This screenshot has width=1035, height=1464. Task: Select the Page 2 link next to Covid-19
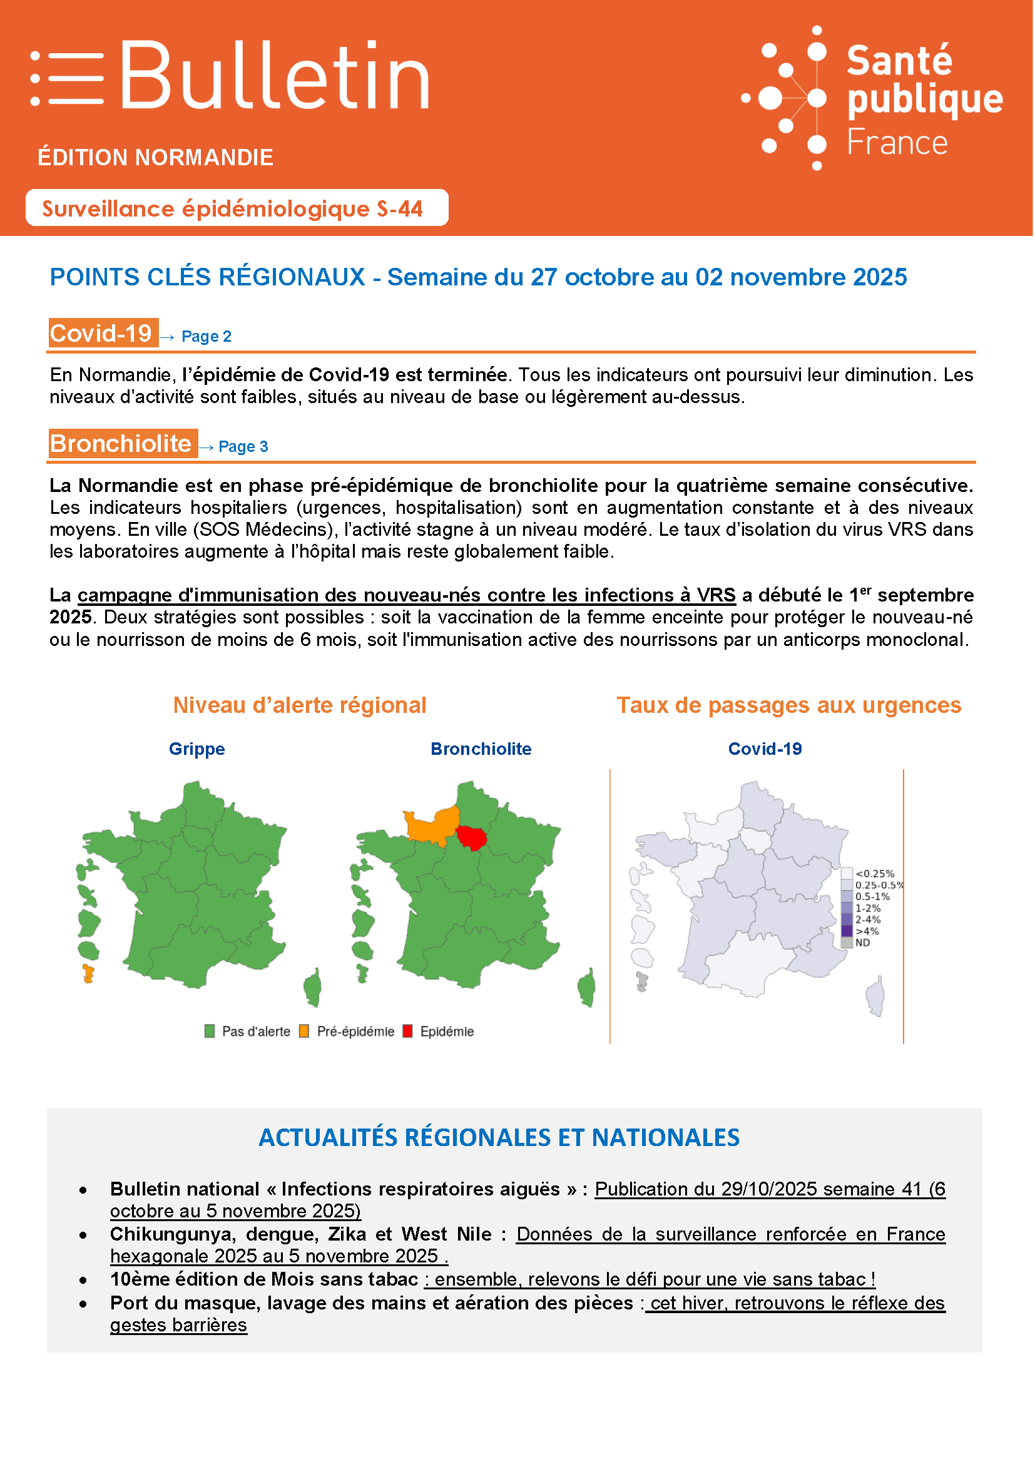point(206,336)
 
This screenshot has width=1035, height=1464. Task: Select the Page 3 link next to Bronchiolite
point(243,446)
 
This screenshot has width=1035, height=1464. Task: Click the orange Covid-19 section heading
point(103,333)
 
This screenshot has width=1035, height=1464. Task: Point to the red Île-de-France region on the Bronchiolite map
point(472,837)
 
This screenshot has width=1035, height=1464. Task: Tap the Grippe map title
point(196,749)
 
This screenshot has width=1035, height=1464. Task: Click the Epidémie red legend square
point(408,1031)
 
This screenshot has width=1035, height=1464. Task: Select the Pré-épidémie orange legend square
point(304,1031)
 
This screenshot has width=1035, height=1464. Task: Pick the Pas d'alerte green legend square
point(209,1031)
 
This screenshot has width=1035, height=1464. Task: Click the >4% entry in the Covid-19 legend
point(867,931)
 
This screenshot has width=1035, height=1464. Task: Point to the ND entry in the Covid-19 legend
point(862,943)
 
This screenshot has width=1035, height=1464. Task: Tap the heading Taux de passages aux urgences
point(788,705)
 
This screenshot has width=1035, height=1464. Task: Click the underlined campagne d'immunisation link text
point(406,595)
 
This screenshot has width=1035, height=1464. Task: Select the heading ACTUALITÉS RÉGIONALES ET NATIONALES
point(499,1137)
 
